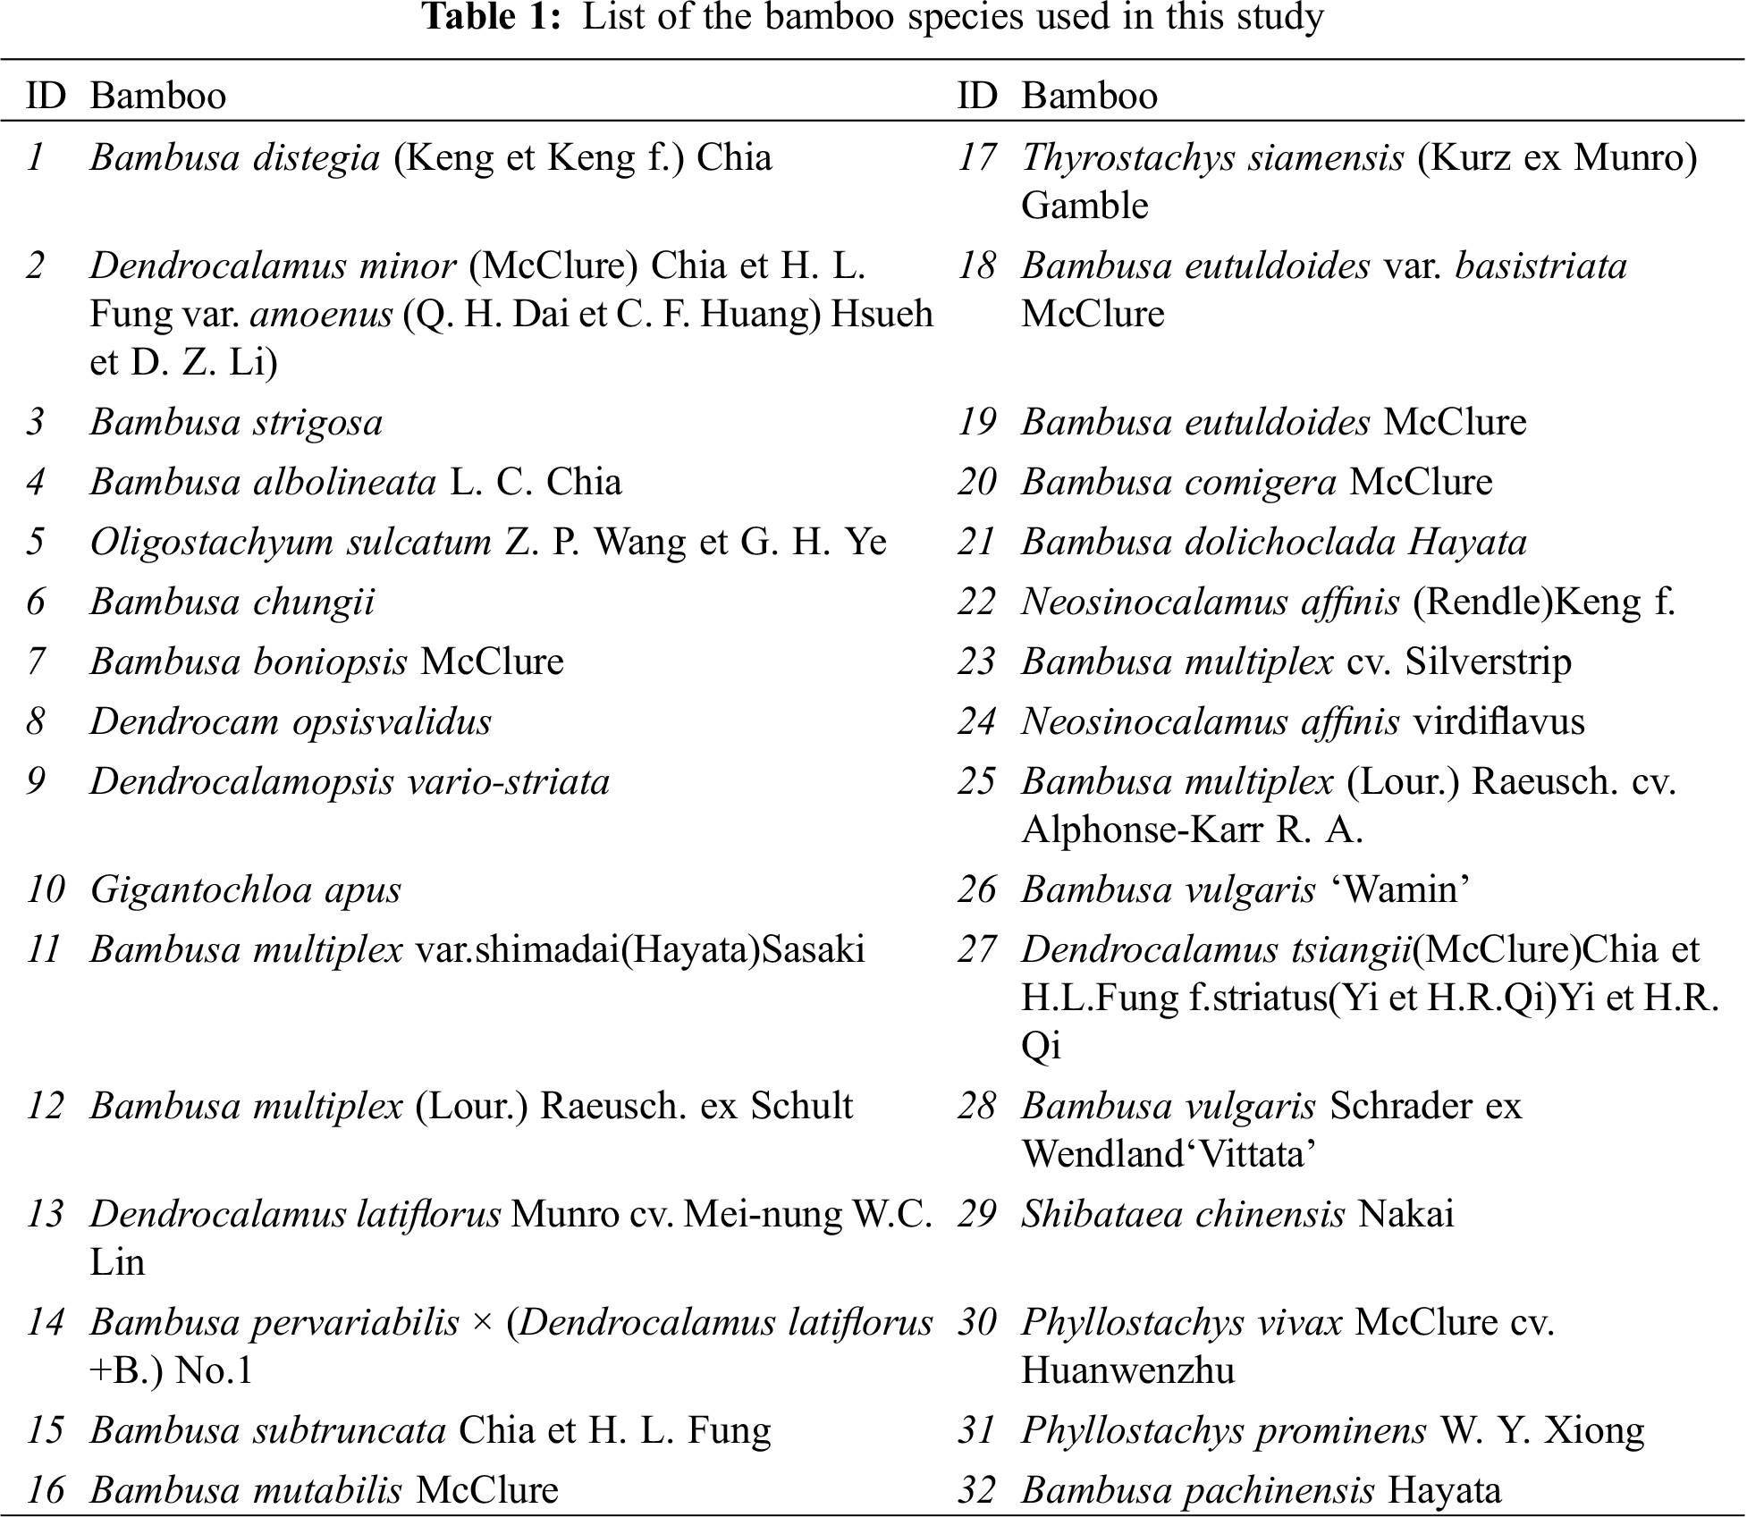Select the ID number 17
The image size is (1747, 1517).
977,158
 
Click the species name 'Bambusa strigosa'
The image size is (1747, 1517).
236,423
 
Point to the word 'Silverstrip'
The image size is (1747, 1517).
1488,662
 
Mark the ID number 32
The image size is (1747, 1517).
977,1490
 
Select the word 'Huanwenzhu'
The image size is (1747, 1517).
1128,1370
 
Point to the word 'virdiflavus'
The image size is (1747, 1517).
1498,722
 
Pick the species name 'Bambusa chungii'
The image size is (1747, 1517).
232,603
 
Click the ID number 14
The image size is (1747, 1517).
46,1323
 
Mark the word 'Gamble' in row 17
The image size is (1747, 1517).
1084,206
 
